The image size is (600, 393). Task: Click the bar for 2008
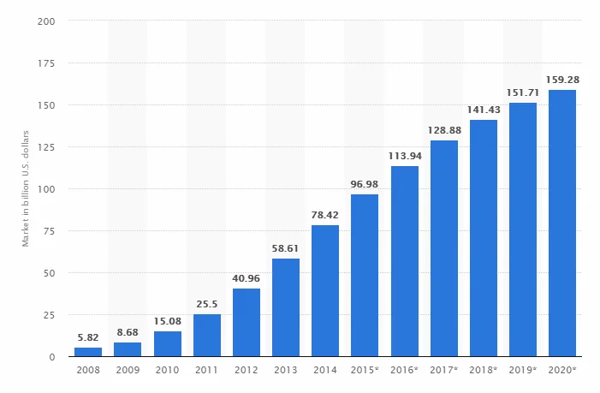[88, 352]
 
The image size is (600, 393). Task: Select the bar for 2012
[247, 323]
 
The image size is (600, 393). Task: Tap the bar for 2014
[325, 291]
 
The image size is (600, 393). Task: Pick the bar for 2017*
[443, 248]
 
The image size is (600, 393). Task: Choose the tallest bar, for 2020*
[561, 223]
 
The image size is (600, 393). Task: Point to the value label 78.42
[325, 217]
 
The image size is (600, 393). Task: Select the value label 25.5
[207, 306]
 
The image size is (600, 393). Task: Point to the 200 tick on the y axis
[47, 21]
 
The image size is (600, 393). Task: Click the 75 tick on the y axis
[50, 231]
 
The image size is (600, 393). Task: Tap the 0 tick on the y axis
[53, 357]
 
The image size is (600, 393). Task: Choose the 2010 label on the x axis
[168, 371]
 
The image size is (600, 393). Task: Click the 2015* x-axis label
[365, 371]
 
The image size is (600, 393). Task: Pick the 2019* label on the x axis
[522, 371]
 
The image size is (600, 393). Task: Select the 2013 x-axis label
[286, 371]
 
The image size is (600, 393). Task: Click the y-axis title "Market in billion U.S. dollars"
[27, 188]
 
